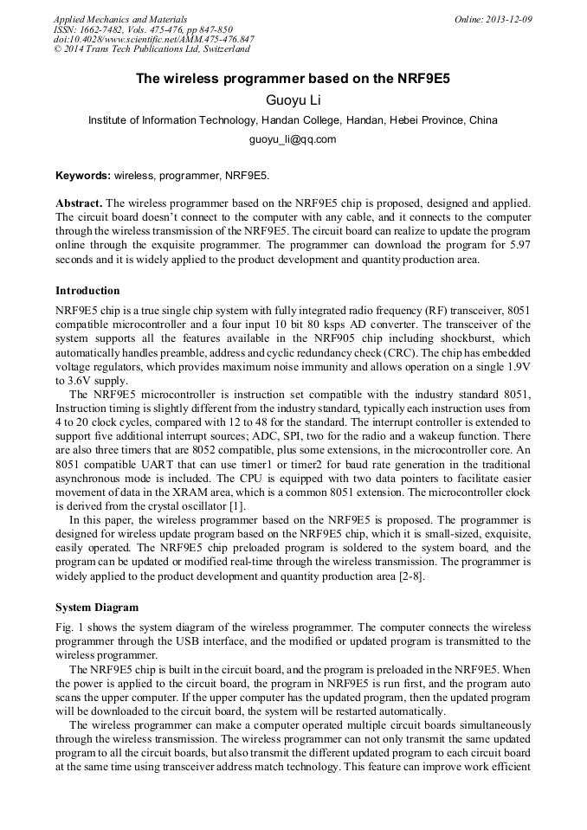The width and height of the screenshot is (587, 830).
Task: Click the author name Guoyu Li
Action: tap(293, 100)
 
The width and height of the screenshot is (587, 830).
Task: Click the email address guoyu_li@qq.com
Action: tap(293, 138)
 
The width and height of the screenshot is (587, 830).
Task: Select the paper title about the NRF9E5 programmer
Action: tap(293, 78)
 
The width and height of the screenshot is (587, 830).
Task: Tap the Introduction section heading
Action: tap(87, 290)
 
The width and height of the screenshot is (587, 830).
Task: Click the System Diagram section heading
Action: tap(96, 607)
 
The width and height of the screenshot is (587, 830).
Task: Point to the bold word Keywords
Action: tap(82, 176)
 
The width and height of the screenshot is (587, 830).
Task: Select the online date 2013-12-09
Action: tap(509, 19)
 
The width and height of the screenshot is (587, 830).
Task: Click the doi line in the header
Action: tap(153, 40)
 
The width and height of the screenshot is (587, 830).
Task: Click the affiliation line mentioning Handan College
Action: tap(293, 120)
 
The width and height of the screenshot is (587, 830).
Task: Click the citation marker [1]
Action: tap(238, 505)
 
